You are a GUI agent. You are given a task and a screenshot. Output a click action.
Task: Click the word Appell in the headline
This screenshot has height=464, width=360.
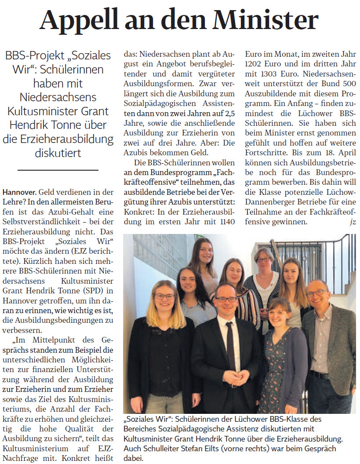point(77,20)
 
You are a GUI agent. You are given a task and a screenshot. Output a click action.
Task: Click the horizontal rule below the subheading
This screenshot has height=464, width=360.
point(58,169)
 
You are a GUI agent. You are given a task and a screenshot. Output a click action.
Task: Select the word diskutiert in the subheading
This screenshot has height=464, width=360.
point(58,153)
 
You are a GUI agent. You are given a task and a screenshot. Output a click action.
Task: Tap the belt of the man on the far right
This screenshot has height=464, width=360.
point(320,375)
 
